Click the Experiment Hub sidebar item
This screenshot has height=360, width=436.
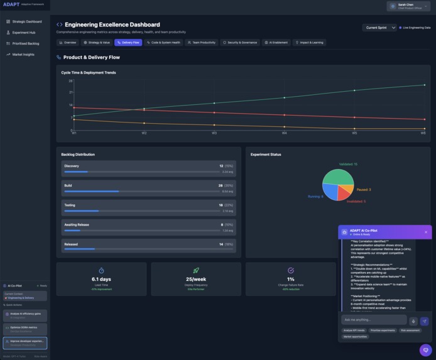tap(23, 32)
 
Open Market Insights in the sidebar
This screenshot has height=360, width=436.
tap(23, 55)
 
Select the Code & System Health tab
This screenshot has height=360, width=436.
tap(163, 43)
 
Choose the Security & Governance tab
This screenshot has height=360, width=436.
tap(239, 43)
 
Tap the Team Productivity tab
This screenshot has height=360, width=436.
tap(201, 43)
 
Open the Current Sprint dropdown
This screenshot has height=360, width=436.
tap(379, 28)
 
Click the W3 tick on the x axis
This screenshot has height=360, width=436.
tap(214, 133)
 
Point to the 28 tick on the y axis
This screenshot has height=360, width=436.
tap(71, 80)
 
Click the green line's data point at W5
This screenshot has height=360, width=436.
tap(354, 90)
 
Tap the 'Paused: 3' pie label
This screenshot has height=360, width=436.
tap(363, 189)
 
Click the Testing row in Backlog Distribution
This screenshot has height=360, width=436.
tap(148, 207)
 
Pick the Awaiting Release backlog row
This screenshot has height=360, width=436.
tap(148, 227)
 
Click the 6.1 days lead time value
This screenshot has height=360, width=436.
tap(101, 279)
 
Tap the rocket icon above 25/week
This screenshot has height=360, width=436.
tap(196, 270)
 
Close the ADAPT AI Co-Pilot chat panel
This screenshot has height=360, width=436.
tap(425, 232)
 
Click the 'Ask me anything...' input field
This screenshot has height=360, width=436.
tap(373, 320)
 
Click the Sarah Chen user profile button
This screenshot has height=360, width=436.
tap(408, 6)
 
